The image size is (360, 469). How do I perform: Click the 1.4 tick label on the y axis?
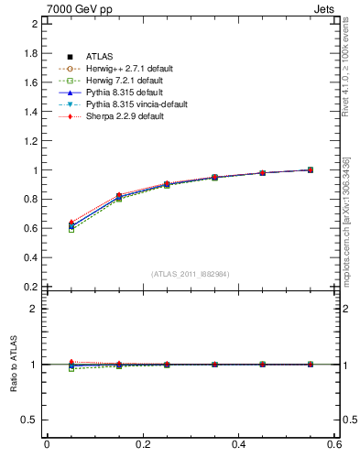(32, 112)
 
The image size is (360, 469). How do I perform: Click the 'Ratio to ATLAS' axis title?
(14, 365)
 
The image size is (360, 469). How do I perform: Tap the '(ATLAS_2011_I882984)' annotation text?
(191, 273)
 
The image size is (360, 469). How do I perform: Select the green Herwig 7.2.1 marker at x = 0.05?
(71, 229)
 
